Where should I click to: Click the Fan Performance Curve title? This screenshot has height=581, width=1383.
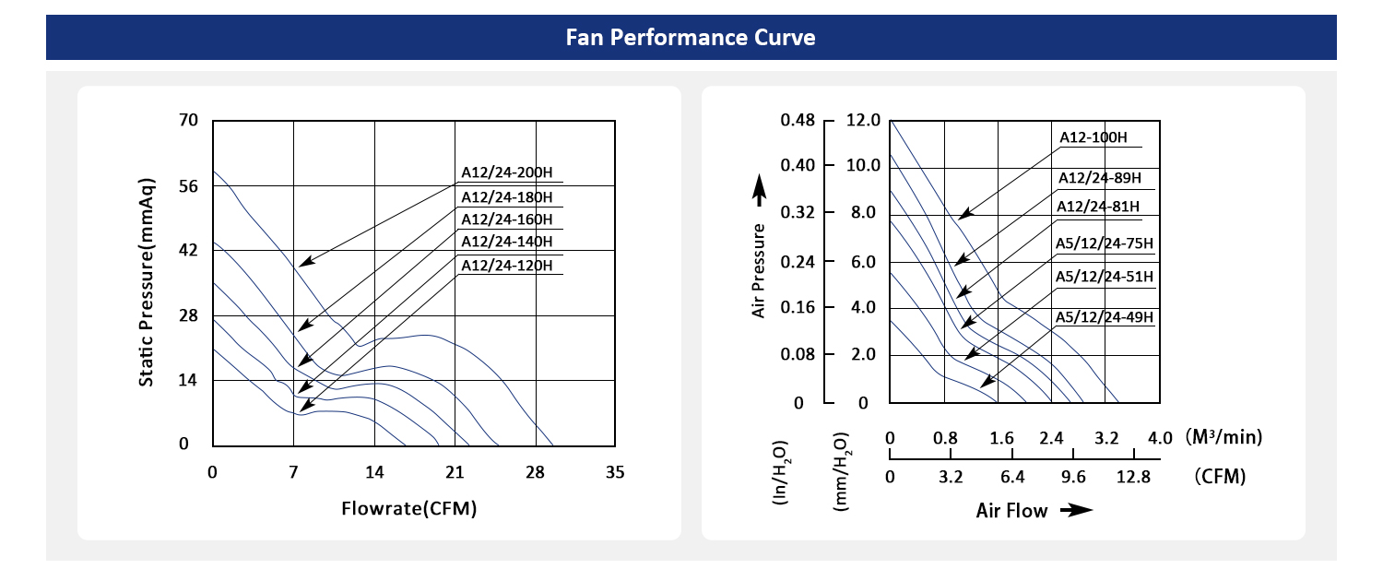coord(691,38)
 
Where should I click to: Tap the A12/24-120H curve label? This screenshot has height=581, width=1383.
coord(507,266)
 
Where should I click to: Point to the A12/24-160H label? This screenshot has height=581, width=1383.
coord(507,219)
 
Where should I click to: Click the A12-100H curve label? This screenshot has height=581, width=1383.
coord(1093,137)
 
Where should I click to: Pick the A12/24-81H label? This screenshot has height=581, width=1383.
coord(1098,206)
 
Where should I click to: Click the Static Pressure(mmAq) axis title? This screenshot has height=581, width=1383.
coord(147,281)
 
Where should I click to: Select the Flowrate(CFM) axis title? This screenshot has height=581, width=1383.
coord(408,508)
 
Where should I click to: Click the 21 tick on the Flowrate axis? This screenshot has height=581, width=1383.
coord(455,472)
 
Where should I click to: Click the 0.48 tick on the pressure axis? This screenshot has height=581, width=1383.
coord(798,121)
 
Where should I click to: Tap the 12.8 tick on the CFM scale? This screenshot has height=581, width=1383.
coord(1133,477)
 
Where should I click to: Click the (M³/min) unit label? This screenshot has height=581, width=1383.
coord(1223,436)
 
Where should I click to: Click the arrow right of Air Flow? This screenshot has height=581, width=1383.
coord(1075,511)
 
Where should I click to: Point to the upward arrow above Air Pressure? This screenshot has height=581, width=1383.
coord(760,192)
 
